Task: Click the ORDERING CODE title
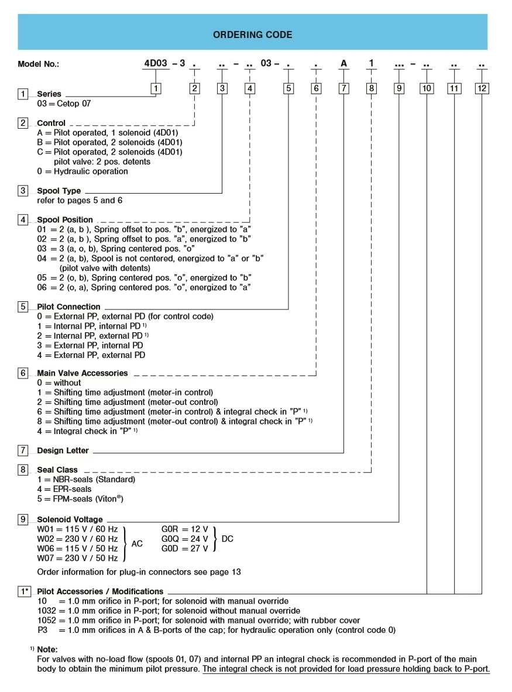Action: (x=252, y=35)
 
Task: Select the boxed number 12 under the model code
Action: (x=482, y=88)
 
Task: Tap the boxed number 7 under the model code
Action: (x=343, y=88)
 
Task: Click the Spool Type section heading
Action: (x=59, y=191)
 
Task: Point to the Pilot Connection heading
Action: (x=68, y=307)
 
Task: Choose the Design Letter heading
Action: (x=63, y=450)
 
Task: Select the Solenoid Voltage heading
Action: (x=70, y=519)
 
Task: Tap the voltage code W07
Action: (x=47, y=558)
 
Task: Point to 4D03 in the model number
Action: (x=155, y=63)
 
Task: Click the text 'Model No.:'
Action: (x=38, y=64)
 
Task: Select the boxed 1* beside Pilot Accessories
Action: (x=24, y=591)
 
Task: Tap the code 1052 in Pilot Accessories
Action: (x=46, y=620)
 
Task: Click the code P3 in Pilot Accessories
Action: (x=42, y=630)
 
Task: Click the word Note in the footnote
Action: (x=47, y=649)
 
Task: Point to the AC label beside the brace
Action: (x=136, y=543)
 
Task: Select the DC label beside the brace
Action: (x=228, y=538)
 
